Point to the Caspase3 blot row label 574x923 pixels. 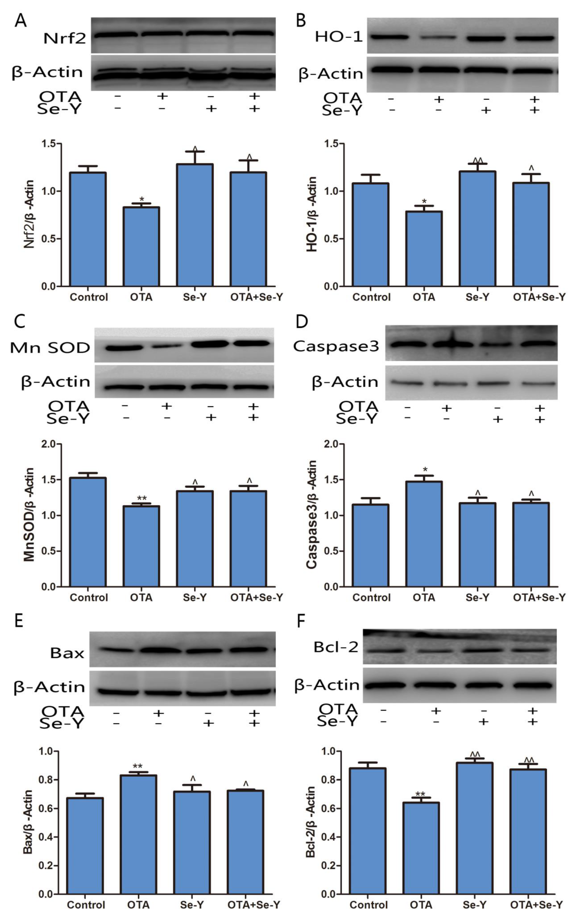click(336, 346)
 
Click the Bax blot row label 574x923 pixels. click(67, 653)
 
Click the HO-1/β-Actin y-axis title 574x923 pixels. click(312, 214)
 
